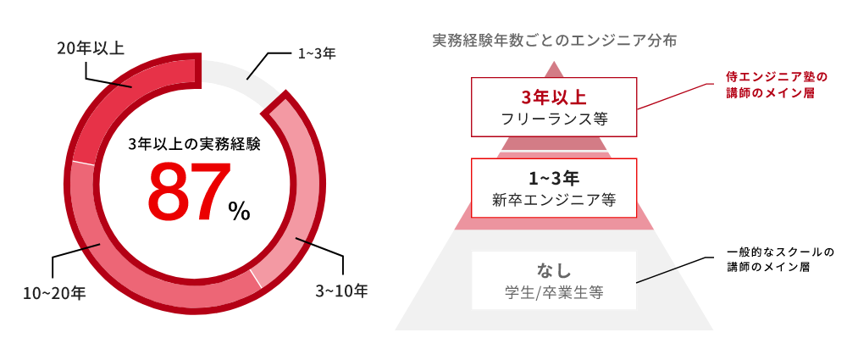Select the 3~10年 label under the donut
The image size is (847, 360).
pos(341,291)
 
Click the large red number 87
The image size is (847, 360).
pos(189,192)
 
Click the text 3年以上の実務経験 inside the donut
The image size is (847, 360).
pos(194,144)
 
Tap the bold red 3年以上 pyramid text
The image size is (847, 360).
pos(554,94)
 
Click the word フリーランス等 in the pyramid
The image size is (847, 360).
pos(554,117)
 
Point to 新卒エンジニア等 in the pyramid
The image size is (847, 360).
pos(553,201)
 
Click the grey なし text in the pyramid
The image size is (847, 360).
pos(554,271)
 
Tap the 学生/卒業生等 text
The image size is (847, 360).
pos(553,294)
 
